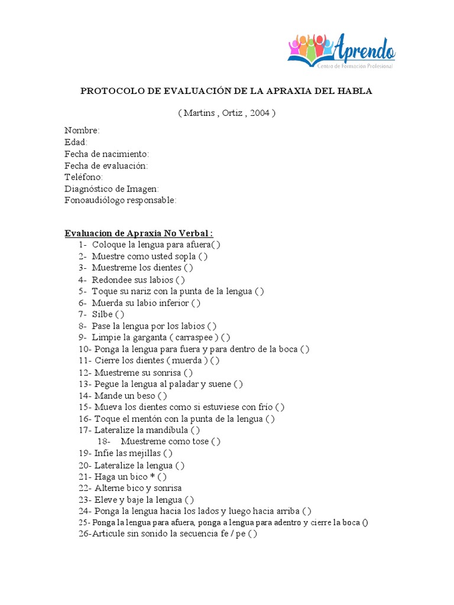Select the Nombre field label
point(82,131)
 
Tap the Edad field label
point(76,142)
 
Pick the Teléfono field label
point(84,177)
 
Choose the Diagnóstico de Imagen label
point(112,188)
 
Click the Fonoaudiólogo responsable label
point(121,200)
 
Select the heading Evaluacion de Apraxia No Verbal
point(139,233)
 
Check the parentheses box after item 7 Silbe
point(120,314)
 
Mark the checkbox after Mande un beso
point(163,395)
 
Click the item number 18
point(103,441)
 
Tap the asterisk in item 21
point(153,476)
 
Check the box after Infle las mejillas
point(168,453)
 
